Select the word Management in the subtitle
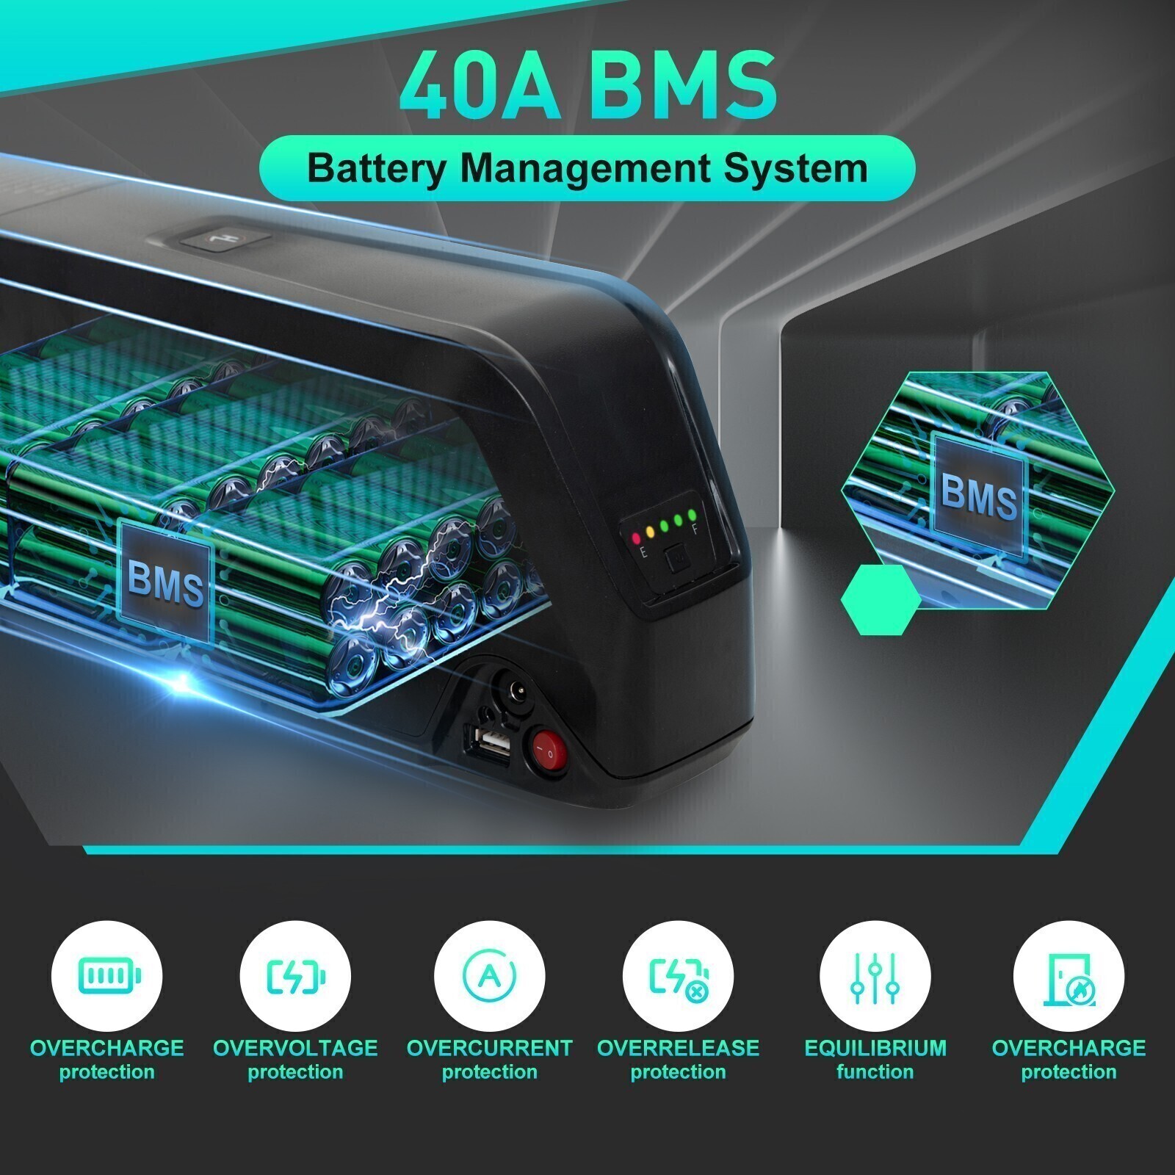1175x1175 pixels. point(585,169)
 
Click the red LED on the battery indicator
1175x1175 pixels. point(636,538)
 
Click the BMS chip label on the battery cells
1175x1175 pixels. point(165,580)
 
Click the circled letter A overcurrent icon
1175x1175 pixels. point(490,976)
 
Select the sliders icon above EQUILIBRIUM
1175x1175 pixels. point(875,977)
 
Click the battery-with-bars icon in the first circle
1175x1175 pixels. point(108,976)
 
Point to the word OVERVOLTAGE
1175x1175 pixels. point(295,1047)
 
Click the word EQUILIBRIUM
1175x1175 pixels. point(875,1047)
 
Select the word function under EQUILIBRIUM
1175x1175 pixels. point(875,1072)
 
